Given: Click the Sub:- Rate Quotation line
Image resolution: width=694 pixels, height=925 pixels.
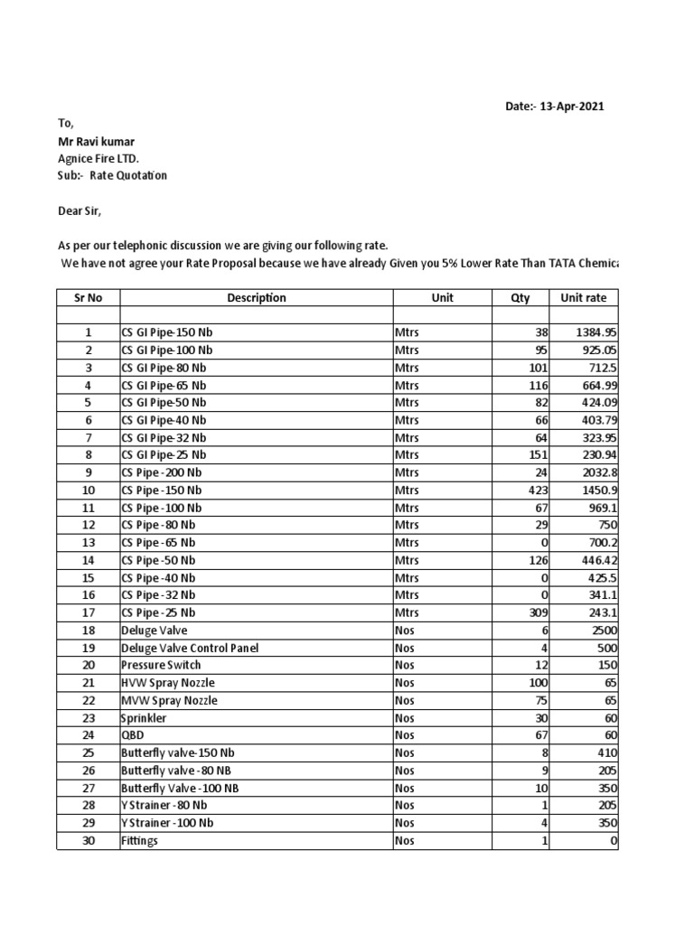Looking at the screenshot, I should click(112, 175).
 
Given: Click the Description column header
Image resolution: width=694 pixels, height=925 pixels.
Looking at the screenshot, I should click(257, 298).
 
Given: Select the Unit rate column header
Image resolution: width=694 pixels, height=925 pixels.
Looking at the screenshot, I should click(584, 298).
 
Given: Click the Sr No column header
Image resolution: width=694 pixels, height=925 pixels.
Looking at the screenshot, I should click(88, 298).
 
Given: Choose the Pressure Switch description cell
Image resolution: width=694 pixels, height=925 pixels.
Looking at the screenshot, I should click(159, 666).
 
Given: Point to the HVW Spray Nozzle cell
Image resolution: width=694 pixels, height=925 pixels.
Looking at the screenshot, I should click(168, 683).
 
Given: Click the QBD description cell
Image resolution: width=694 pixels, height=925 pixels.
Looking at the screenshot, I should click(133, 736).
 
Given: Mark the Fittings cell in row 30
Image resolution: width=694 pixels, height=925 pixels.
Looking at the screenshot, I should click(139, 841).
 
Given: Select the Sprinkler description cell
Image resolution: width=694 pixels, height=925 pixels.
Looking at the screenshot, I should click(144, 718).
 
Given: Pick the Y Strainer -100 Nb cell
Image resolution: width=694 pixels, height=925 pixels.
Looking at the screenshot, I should click(167, 824).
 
